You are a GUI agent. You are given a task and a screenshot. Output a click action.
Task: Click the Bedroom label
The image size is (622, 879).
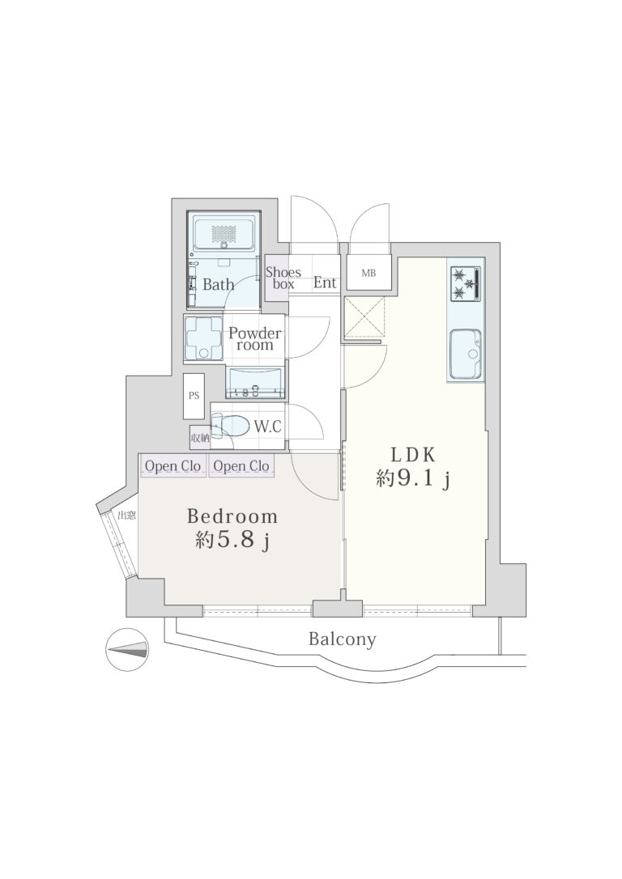(232, 516)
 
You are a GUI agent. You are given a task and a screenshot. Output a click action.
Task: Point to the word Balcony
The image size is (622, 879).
(342, 639)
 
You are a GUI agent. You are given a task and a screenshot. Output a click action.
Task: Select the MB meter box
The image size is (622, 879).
(369, 273)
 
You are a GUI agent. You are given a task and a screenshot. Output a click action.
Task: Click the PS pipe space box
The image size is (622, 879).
(194, 395)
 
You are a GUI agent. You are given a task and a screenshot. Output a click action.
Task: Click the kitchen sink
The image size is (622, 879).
(465, 353)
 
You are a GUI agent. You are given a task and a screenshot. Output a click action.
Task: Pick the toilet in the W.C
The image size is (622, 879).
(230, 426)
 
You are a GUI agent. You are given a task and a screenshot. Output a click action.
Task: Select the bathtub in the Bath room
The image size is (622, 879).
(224, 234)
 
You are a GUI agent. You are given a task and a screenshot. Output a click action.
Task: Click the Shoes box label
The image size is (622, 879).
(283, 278)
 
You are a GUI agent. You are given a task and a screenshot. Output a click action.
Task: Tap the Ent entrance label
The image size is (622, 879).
(325, 282)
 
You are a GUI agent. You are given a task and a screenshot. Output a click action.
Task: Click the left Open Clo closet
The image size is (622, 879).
(173, 466)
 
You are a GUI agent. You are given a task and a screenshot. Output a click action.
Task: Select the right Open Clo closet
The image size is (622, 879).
(241, 466)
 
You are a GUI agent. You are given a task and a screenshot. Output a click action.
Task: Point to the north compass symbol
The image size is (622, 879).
(128, 650)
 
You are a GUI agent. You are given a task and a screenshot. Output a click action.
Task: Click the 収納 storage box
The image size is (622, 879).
(199, 438)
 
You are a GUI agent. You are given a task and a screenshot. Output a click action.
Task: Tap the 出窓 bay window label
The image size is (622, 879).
(127, 516)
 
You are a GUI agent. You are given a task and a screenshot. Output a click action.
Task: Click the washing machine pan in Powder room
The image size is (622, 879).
(204, 338)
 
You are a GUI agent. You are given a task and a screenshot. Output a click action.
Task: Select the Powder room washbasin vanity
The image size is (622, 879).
(255, 382)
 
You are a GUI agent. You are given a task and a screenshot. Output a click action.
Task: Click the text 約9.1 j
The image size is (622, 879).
(414, 480)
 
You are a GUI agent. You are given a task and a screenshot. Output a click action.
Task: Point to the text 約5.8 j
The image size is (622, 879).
(233, 541)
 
